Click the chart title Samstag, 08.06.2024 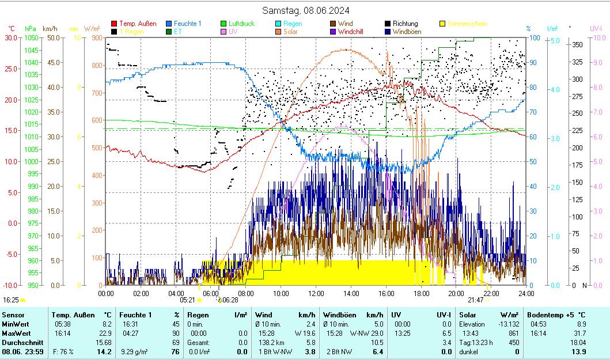pos(305,10)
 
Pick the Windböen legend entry pos(407,32)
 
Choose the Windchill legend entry pos(351,32)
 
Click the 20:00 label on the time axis pos(457,293)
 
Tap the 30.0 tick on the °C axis pos(11,37)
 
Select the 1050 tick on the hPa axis pos(31,37)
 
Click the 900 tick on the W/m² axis pos(96,37)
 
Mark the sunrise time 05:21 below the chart pos(187,300)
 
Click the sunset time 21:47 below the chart pos(475,300)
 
